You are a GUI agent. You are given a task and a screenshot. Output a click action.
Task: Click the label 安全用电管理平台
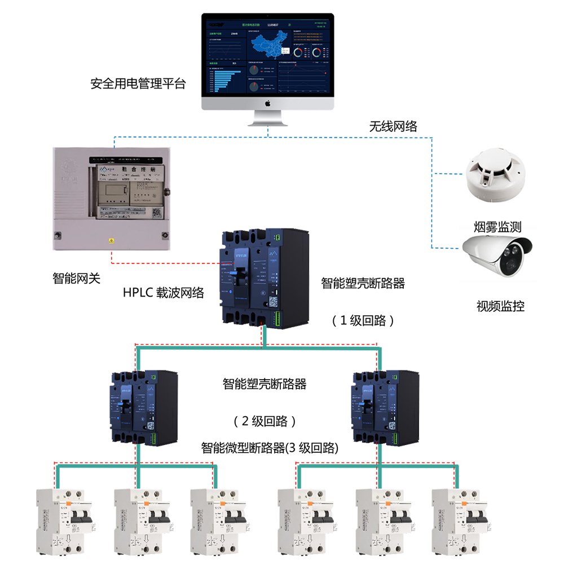(x=138, y=85)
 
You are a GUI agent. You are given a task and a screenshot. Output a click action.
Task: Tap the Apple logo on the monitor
(x=268, y=103)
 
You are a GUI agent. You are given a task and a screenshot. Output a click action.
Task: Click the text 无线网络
(x=393, y=126)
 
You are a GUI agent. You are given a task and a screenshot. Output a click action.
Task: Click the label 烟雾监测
(x=497, y=228)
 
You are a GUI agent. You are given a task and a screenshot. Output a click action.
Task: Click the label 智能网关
(x=76, y=278)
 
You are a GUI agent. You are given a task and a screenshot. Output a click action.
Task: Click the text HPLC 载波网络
(x=164, y=293)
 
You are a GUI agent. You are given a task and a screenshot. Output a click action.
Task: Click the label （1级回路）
(x=363, y=320)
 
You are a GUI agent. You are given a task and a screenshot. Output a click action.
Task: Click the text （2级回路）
(x=265, y=421)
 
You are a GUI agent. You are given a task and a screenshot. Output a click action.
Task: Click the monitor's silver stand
(x=268, y=120)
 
